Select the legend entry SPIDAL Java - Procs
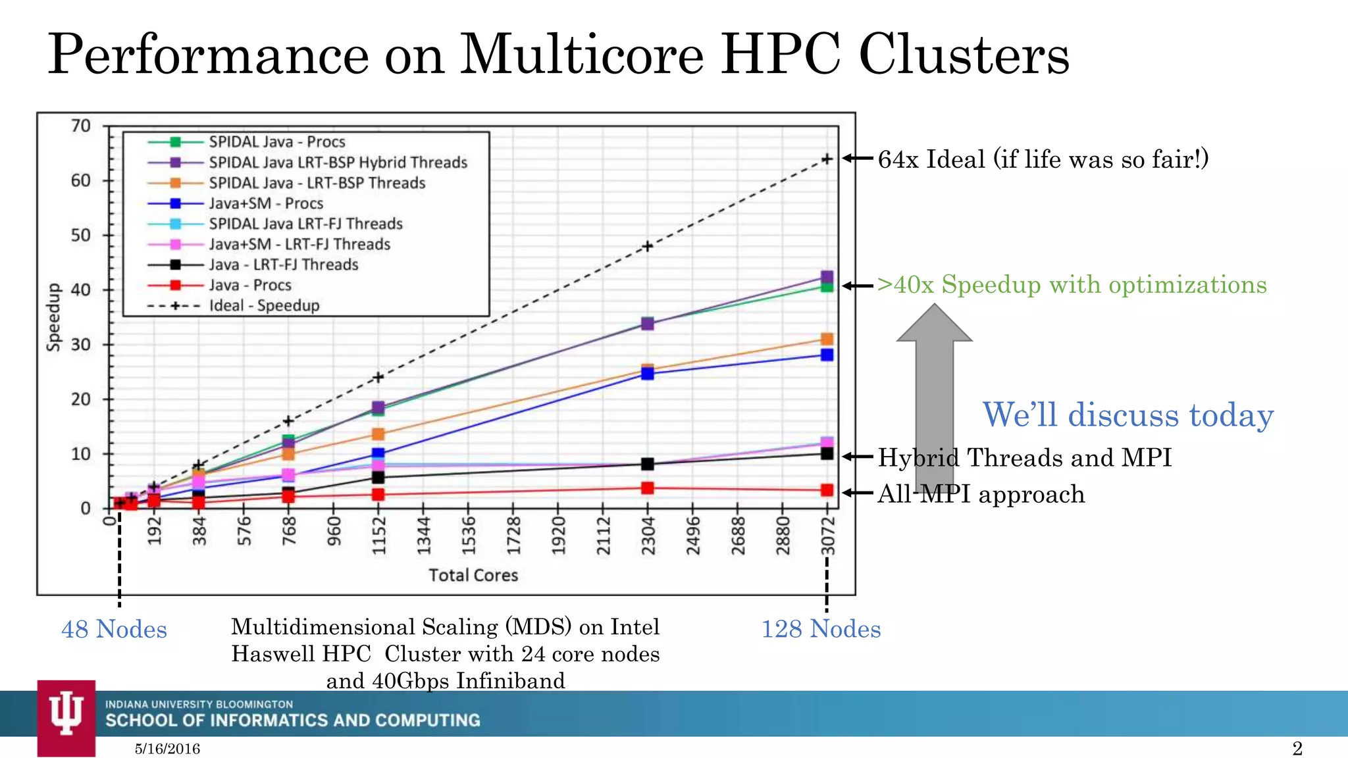coord(276,141)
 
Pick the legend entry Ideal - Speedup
coord(264,305)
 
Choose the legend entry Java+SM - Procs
coord(266,203)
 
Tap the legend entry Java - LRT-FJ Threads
coord(283,265)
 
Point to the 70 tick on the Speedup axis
coord(81,126)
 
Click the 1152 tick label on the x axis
coord(378,536)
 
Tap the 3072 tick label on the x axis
coord(828,536)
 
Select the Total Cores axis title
coord(473,575)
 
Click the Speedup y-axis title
coord(53,317)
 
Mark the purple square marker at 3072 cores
coord(827,277)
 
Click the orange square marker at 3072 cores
coord(827,339)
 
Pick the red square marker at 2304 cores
coord(648,488)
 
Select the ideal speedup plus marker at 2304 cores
coord(648,246)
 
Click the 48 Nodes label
coord(114,629)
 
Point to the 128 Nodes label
coord(821,629)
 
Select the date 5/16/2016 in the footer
coord(167,749)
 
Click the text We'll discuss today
coord(1128,415)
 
